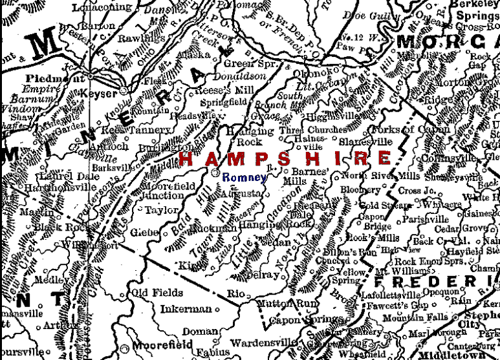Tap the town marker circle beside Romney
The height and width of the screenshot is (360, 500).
(x=216, y=173)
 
